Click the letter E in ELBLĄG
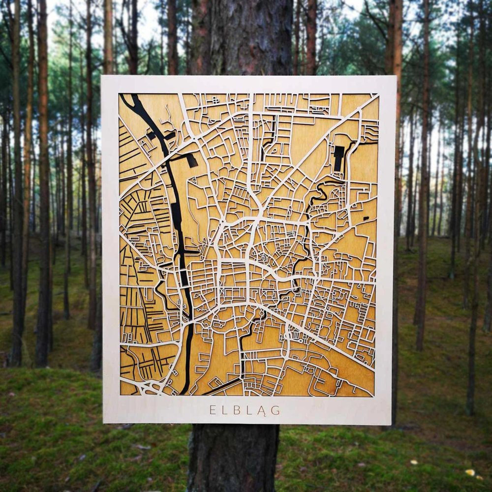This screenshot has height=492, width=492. pyautogui.click(x=213, y=410)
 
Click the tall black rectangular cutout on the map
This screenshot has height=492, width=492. pyautogui.click(x=338, y=158)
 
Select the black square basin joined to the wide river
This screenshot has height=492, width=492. pyautogui.click(x=191, y=159)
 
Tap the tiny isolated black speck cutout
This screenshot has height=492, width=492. pyautogui.click(x=366, y=217)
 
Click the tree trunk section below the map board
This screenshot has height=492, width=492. pyautogui.click(x=234, y=458)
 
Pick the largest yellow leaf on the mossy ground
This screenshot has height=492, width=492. pyautogui.click(x=470, y=472)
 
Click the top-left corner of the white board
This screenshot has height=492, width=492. pyautogui.click(x=102, y=76)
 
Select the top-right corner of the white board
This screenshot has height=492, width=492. pyautogui.click(x=396, y=77)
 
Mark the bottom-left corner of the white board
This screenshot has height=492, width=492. pyautogui.click(x=104, y=422)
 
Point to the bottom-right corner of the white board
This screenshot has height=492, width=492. pyautogui.click(x=391, y=425)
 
